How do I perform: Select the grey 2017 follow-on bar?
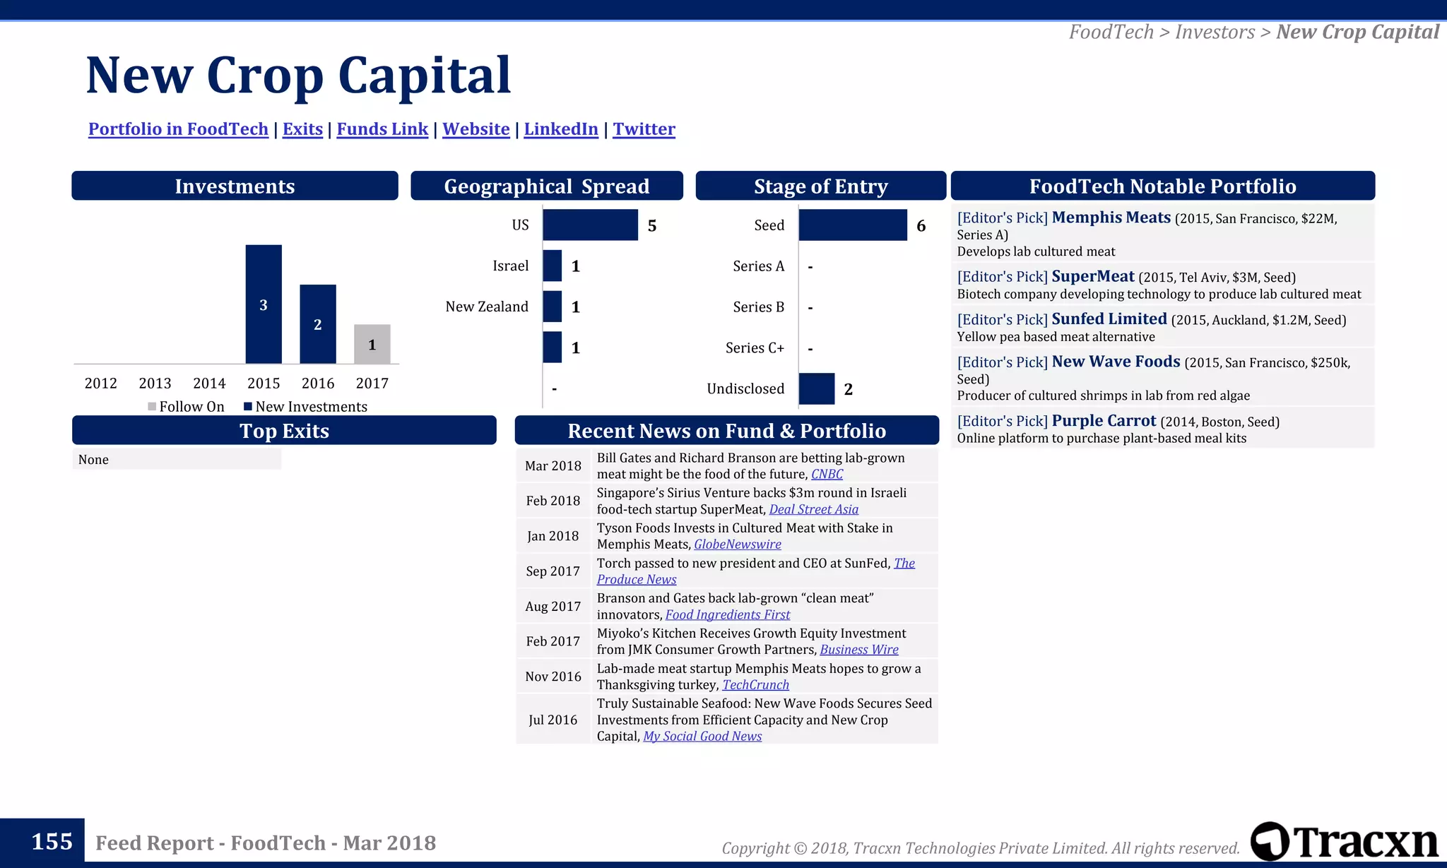coord(372,344)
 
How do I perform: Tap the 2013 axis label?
coord(155,383)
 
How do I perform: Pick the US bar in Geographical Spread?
coord(590,225)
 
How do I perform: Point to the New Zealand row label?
coord(486,307)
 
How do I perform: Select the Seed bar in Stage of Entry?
coord(852,225)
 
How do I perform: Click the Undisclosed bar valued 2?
coord(816,388)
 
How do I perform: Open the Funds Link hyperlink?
coord(382,129)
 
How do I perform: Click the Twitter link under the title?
coord(644,129)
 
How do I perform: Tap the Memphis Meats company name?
coord(1111,218)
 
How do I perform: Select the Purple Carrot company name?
coord(1104,421)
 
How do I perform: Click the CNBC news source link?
coord(827,474)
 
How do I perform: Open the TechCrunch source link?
coord(755,684)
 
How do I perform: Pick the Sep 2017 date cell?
coord(553,571)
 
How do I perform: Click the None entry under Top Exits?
coord(94,460)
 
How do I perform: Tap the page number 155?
coord(52,841)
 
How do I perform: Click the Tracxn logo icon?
coord(1270,841)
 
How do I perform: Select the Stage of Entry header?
coord(820,186)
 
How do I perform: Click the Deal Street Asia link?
coord(813,509)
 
